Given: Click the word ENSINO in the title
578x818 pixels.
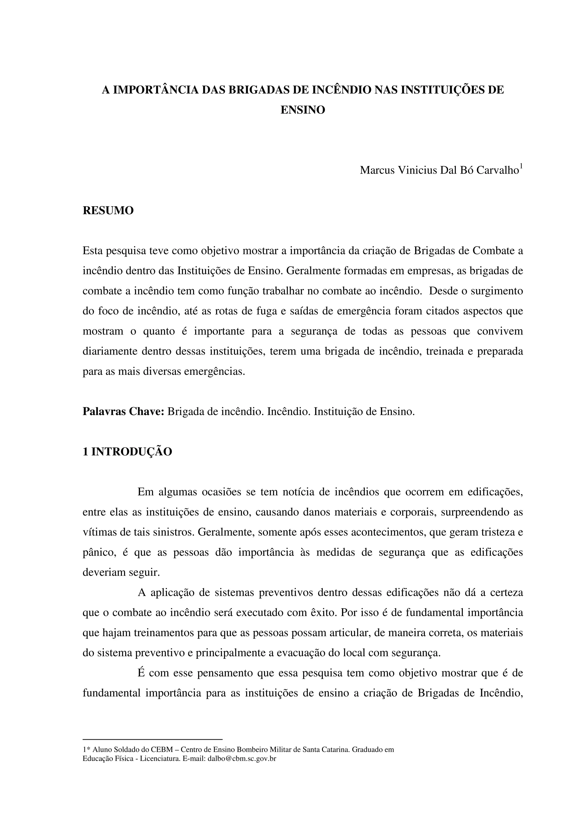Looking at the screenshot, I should click(303, 110).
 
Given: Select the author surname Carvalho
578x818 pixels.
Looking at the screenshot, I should click(498, 170).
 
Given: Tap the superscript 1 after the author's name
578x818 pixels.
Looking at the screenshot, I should click(521, 166).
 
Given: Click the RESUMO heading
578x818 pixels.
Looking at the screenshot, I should click(108, 211).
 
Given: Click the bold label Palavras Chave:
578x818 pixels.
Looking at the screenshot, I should click(123, 412).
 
